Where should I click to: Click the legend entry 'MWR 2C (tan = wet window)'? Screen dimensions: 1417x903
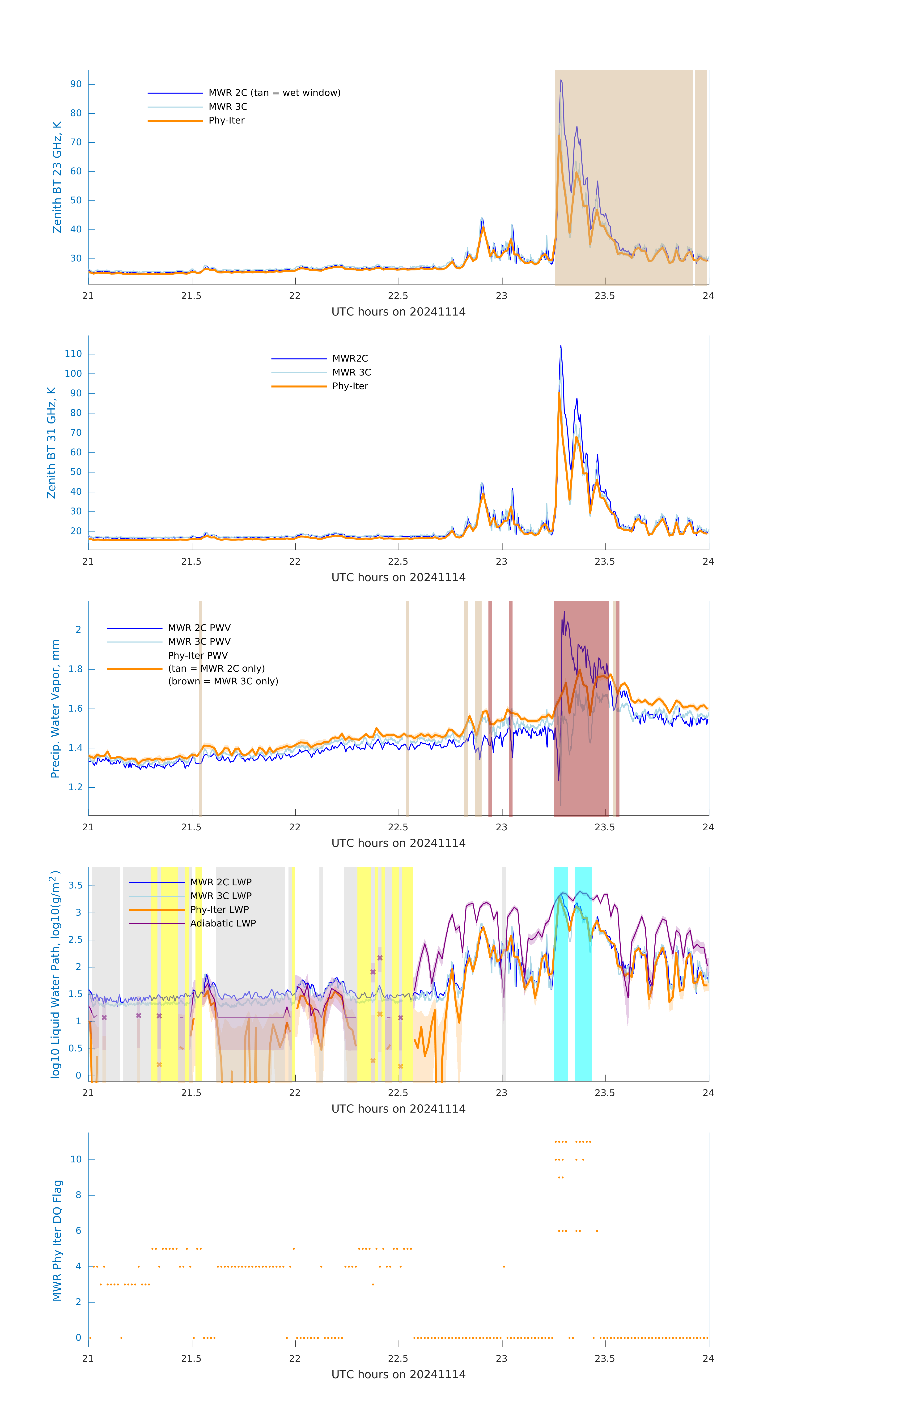click(274, 93)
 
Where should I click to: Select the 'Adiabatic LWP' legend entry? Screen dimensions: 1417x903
click(223, 923)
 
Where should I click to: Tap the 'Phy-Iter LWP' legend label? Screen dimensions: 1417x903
click(219, 910)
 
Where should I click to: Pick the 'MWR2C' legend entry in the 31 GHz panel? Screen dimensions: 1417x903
click(350, 358)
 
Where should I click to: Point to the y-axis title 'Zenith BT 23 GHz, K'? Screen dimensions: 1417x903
click(57, 177)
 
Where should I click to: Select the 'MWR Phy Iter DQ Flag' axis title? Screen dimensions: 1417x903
click(57, 1240)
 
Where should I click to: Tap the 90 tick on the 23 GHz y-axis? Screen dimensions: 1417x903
click(76, 84)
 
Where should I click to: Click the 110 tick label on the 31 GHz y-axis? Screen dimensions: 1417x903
click(73, 354)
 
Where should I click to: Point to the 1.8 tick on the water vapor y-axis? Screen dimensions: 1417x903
click(75, 669)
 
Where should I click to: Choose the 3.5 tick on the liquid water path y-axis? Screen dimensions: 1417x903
click(75, 886)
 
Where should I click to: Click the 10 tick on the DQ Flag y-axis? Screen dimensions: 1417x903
click(76, 1159)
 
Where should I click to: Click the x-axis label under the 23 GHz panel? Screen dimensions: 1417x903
click(398, 312)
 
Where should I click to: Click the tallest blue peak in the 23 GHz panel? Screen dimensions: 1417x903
click(561, 81)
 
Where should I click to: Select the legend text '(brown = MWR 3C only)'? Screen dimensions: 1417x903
click(223, 681)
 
